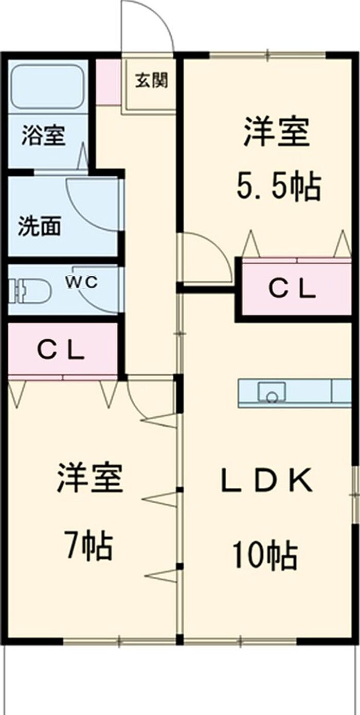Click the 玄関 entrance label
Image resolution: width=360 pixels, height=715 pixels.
click(x=151, y=81)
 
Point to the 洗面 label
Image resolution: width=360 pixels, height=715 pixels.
click(x=40, y=226)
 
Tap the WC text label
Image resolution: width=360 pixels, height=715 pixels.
click(x=81, y=282)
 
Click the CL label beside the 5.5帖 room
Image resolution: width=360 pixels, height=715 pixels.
click(x=292, y=290)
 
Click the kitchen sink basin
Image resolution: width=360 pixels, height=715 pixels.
click(x=271, y=392)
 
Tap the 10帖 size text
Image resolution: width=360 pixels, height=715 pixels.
click(x=265, y=556)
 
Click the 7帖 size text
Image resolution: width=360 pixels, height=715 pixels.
click(x=88, y=546)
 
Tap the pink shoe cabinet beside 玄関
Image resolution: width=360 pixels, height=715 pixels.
click(x=108, y=82)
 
